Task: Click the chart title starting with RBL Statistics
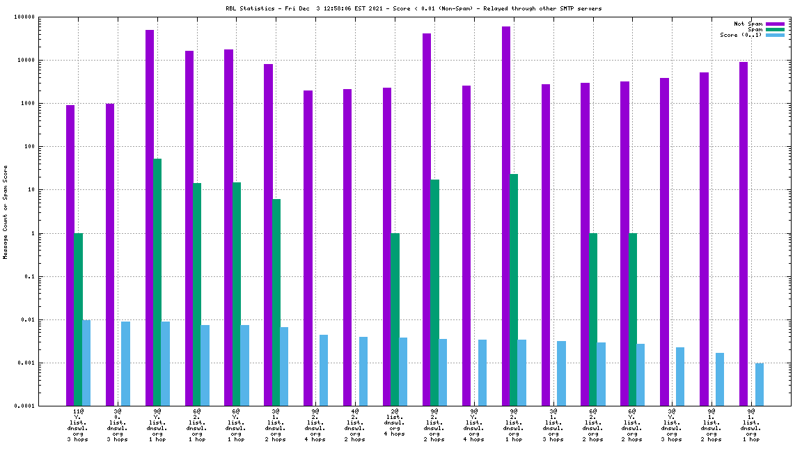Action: [x=414, y=8]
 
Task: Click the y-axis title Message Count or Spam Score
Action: [x=6, y=212]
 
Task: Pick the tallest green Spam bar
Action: [x=157, y=282]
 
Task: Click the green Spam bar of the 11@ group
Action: [x=79, y=319]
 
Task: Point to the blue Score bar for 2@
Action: [x=403, y=372]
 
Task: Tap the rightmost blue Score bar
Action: [x=760, y=384]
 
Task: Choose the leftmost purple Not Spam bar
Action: [x=70, y=255]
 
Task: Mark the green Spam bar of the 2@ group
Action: [x=395, y=319]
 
